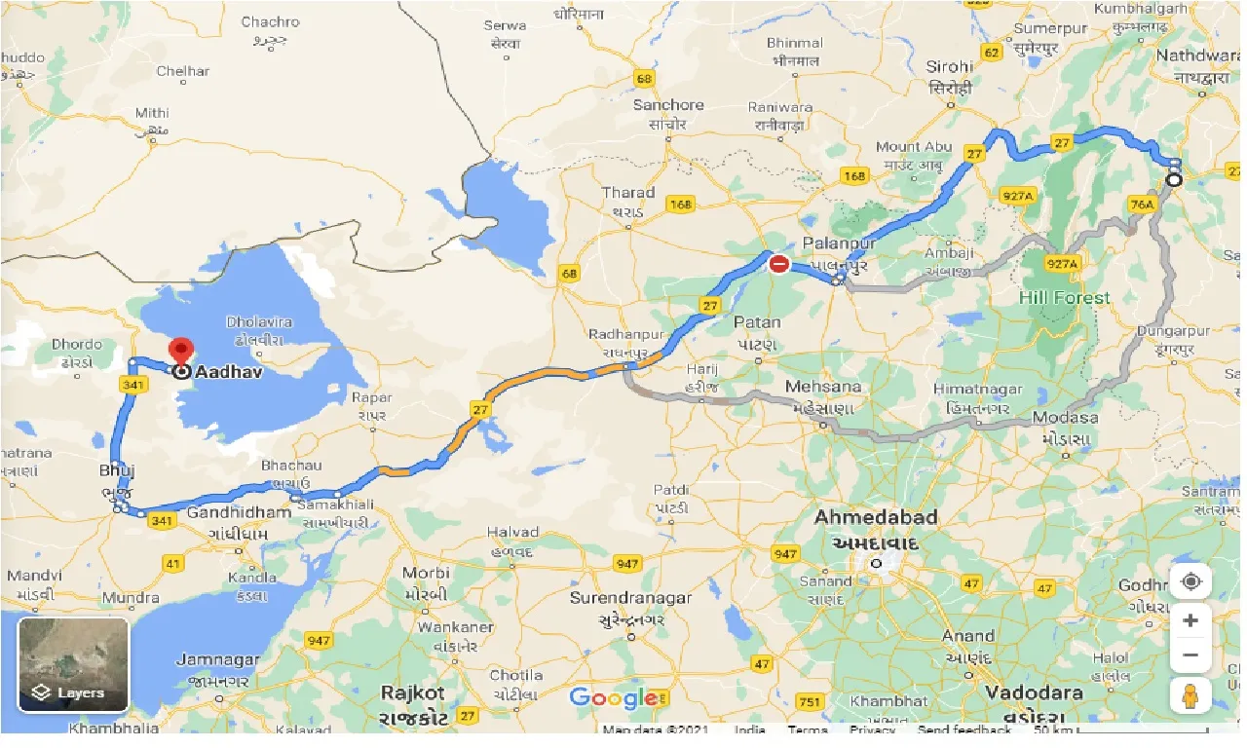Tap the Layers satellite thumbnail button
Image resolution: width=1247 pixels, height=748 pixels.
(x=73, y=663)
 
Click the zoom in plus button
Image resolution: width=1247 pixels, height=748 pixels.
(x=1190, y=619)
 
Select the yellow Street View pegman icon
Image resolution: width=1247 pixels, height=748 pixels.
(x=1190, y=695)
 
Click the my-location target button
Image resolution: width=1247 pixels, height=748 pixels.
(x=1190, y=582)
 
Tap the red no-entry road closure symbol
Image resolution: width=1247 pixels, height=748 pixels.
(x=779, y=263)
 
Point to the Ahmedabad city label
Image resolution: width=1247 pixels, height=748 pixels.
(x=876, y=516)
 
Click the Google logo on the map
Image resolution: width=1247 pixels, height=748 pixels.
(x=613, y=697)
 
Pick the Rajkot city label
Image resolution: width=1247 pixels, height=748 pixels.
(x=413, y=693)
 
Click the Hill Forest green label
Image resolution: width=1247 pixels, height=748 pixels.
(x=1064, y=298)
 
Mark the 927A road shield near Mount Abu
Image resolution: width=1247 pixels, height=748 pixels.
(x=1017, y=196)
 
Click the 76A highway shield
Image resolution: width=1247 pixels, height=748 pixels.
(x=1141, y=205)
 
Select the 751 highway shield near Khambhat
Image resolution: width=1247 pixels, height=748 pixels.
(x=809, y=701)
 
